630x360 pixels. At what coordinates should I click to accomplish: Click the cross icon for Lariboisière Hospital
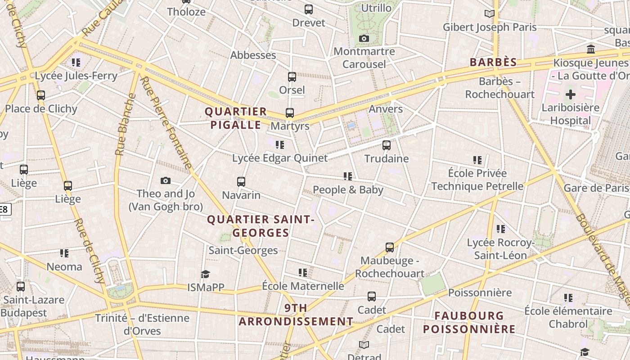coord(571,94)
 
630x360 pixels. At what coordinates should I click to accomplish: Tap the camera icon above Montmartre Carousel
coord(364,39)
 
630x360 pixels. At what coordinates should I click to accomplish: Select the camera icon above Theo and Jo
coord(166,181)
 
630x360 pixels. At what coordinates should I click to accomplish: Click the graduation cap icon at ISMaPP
coord(206,274)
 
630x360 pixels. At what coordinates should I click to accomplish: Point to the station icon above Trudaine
coord(387,145)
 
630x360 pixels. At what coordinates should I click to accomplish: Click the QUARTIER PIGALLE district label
coord(236,118)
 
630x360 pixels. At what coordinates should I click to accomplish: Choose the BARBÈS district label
coord(493,62)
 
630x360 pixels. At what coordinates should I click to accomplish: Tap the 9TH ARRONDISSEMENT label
coord(296,315)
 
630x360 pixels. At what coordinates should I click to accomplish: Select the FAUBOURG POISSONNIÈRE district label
coord(469,322)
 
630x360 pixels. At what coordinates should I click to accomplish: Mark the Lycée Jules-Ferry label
coord(76,76)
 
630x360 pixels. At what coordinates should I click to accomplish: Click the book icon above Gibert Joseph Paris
coord(490,14)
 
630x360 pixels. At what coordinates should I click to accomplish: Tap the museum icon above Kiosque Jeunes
coord(591,49)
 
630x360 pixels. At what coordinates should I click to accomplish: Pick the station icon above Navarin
coord(241,182)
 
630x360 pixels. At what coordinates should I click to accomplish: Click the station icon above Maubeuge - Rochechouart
coord(390,247)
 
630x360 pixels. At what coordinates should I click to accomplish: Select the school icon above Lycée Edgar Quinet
coord(280,145)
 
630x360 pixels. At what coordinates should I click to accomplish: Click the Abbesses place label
coord(253,55)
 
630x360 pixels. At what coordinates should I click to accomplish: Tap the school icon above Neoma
coord(64,253)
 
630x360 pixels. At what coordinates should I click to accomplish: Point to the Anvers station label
coord(386,109)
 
